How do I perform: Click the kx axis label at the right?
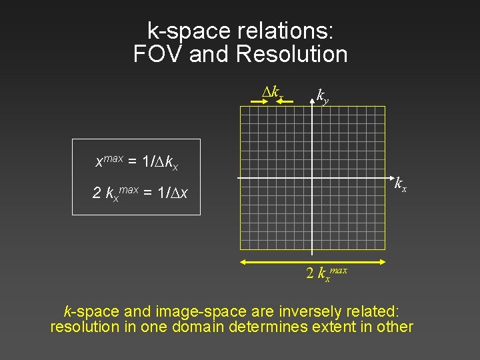coord(401,184)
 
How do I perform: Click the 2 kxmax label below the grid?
coord(326,273)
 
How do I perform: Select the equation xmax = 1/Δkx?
coord(137,161)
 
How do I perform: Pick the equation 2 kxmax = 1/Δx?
coord(140,193)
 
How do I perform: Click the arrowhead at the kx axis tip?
coord(390,178)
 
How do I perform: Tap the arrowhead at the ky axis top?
coord(312,94)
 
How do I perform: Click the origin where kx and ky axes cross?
coord(312,178)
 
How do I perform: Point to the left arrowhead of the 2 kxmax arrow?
coord(243,261)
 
